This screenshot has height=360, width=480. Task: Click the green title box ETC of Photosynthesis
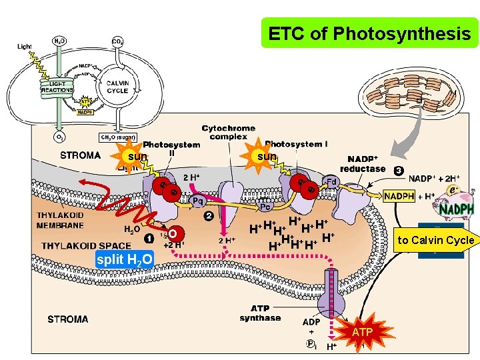(x=369, y=33)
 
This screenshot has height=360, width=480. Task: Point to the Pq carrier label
(x=197, y=200)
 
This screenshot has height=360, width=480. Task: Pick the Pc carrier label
(x=265, y=206)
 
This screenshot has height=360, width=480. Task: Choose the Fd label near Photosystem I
(x=331, y=181)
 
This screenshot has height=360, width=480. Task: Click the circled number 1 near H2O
(x=148, y=238)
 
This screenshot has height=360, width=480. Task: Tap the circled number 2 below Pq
(x=209, y=216)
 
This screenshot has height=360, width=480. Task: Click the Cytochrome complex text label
(x=228, y=132)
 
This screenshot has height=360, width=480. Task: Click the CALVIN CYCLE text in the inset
(x=117, y=87)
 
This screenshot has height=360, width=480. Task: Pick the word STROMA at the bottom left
(x=68, y=319)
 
